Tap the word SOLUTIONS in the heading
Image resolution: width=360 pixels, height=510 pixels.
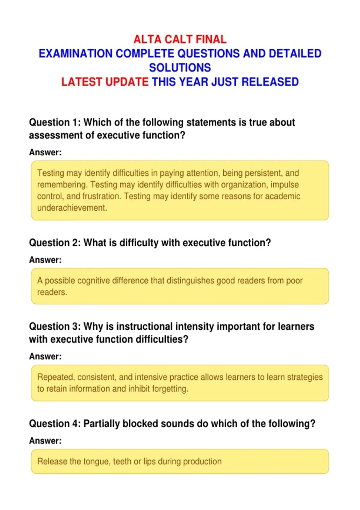pos(180,67)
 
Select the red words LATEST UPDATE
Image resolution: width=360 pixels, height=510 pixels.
pos(105,82)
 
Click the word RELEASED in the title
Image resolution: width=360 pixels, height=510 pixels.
pos(270,82)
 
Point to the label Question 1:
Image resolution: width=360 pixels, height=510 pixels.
pos(55,122)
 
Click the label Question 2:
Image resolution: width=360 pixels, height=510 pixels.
pos(55,243)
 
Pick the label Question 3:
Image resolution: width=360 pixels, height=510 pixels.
pos(55,326)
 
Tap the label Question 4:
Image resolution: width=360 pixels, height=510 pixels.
pos(55,424)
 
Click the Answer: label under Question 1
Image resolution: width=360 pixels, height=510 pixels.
pos(45,152)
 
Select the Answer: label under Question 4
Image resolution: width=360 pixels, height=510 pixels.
pos(45,441)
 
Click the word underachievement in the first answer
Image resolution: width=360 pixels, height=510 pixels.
pos(72,208)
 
